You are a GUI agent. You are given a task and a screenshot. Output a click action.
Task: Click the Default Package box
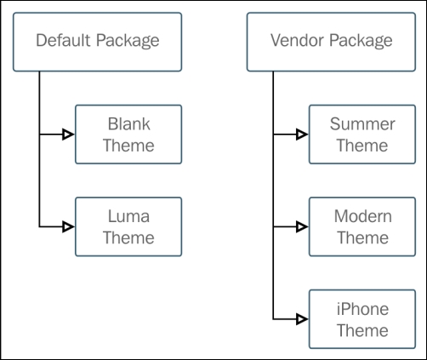coord(98,41)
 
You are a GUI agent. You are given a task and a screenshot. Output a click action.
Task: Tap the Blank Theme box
coord(128,134)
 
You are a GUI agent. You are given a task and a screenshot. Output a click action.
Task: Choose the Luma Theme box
coord(128,227)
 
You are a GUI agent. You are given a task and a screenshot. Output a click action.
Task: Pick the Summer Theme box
coord(362,134)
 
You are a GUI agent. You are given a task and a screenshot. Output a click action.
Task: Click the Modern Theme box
coord(362,227)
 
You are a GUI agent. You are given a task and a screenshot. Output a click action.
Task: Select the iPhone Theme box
coord(362,319)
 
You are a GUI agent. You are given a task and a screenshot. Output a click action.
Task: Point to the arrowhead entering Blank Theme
coord(69,134)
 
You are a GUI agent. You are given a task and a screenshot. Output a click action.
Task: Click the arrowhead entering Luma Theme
coord(69,227)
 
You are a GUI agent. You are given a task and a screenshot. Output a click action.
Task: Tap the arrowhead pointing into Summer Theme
coord(302,134)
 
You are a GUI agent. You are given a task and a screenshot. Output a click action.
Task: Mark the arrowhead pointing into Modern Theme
coord(302,227)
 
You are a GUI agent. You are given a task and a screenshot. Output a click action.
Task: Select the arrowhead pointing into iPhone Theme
coord(302,319)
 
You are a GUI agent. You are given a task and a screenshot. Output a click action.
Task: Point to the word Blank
coord(128,124)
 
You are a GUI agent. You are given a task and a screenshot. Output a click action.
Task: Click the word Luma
coord(128,217)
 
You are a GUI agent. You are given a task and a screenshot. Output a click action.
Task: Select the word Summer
coord(362,124)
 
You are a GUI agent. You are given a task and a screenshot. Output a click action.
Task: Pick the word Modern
coord(362,217)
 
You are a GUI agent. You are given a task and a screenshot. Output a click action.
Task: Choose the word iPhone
coord(362,309)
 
